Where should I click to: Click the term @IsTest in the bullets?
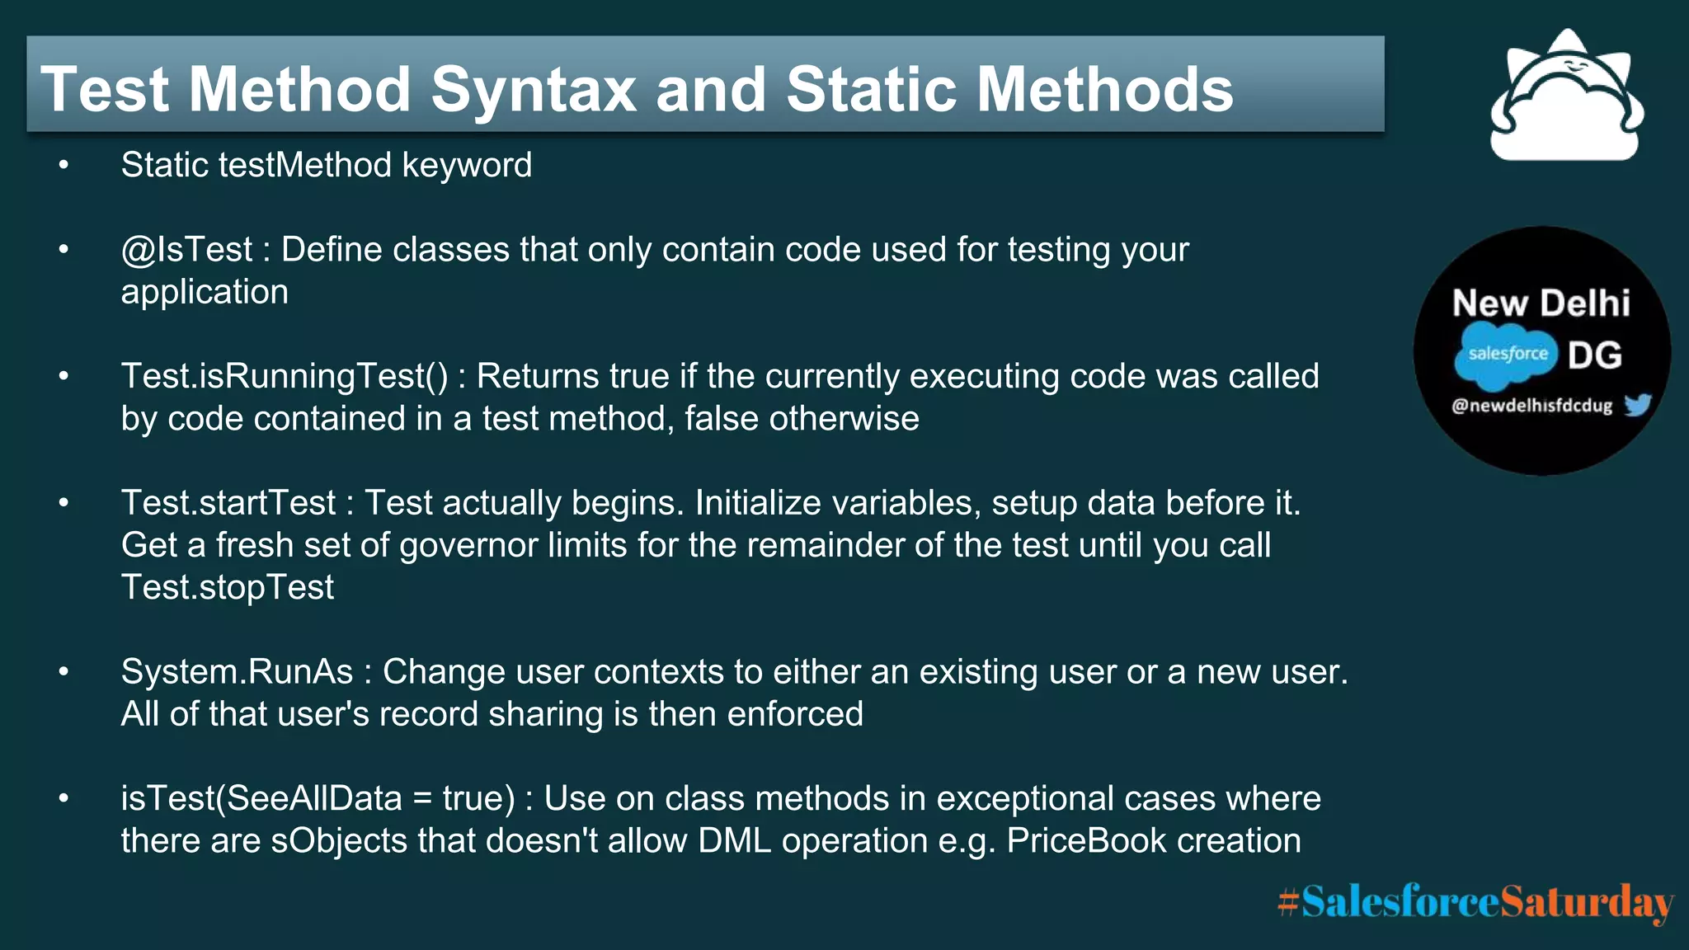tap(186, 250)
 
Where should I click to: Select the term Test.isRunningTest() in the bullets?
tap(285, 377)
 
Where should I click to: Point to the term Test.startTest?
tap(228, 503)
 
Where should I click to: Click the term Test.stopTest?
tap(228, 588)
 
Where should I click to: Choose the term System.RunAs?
tap(238, 672)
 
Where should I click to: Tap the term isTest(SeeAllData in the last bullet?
tap(261, 798)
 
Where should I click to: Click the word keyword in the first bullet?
tap(467, 166)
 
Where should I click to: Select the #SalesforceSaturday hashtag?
tap(1475, 901)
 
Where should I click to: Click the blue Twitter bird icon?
tap(1638, 405)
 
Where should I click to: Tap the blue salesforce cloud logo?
tap(1506, 355)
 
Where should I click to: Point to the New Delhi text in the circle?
tap(1541, 303)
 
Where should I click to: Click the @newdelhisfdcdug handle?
tap(1531, 406)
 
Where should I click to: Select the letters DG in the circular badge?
tap(1595, 355)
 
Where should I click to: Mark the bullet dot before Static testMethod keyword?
tap(64, 166)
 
